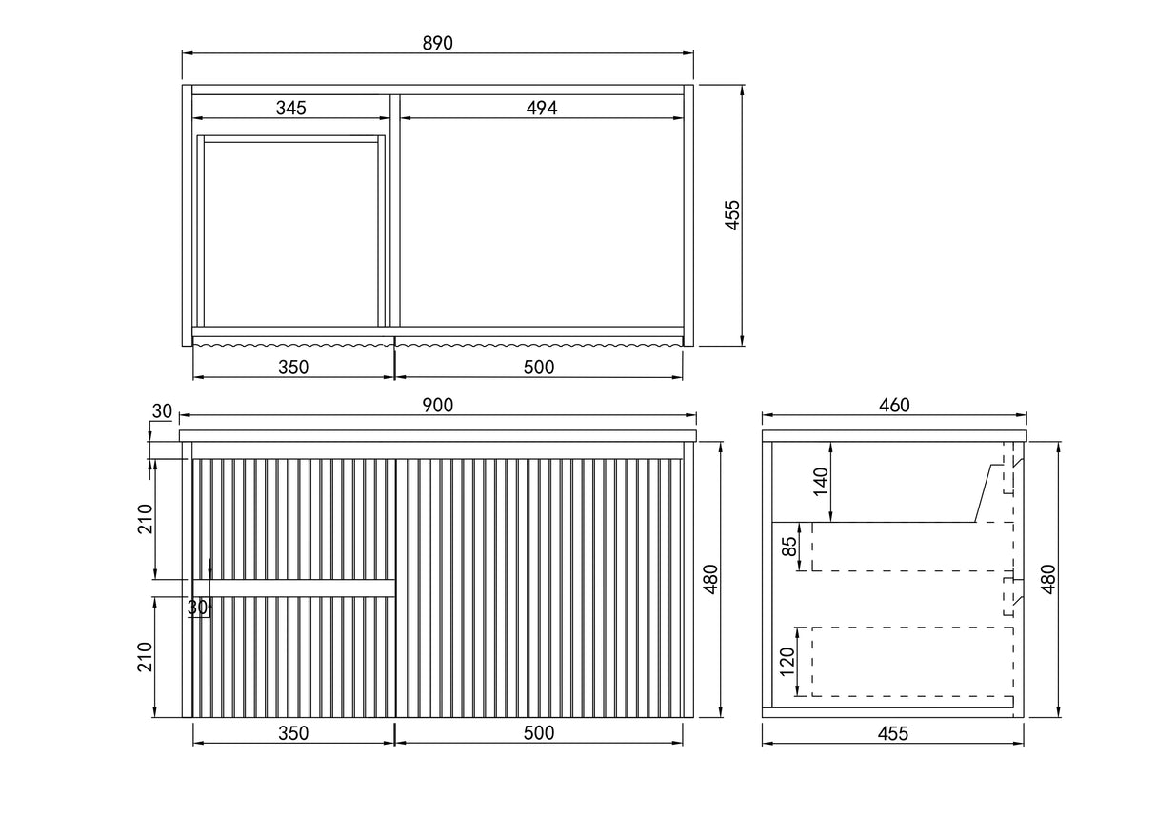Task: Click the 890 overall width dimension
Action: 437,43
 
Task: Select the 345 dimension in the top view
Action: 291,108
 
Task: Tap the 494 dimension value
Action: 541,108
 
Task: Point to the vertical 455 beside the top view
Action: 732,216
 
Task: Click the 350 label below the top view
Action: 293,367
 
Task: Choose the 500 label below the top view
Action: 539,367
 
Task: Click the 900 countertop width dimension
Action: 437,405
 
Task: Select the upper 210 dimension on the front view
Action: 145,518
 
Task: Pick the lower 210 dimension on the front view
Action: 145,657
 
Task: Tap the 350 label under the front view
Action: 293,733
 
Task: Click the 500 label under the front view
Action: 539,733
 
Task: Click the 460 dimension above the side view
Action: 894,405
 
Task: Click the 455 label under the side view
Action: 893,733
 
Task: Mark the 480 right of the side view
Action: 1049,579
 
